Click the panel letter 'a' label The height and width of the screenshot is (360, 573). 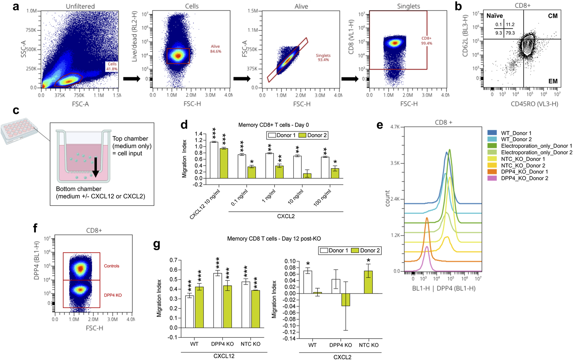click(16, 6)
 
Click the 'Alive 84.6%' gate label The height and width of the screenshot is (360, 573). click(215, 49)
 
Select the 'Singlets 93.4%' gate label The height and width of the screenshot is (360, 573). click(323, 58)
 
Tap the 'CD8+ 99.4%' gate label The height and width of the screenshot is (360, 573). click(427, 41)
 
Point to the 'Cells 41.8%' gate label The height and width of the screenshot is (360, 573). click(112, 67)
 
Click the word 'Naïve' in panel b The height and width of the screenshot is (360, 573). click(495, 16)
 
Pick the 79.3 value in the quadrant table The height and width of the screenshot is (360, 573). click(510, 33)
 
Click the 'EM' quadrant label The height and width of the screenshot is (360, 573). click(553, 81)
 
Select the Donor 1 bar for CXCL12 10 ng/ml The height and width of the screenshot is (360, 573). click(214, 160)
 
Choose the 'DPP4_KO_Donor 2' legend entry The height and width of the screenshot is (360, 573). click(524, 178)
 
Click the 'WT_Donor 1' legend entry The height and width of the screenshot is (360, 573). click(516, 133)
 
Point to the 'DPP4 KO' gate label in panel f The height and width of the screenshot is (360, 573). click(113, 295)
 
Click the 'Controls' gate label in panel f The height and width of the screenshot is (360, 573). click(112, 266)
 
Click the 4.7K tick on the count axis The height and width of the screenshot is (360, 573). click(395, 127)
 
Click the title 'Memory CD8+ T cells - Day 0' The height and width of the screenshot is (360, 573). click(273, 125)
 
